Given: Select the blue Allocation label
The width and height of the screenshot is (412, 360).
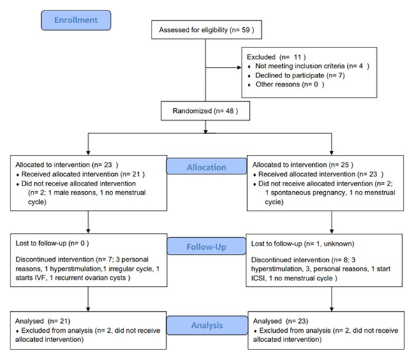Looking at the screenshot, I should (206, 167).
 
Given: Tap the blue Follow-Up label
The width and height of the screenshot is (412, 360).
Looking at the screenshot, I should (206, 247).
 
